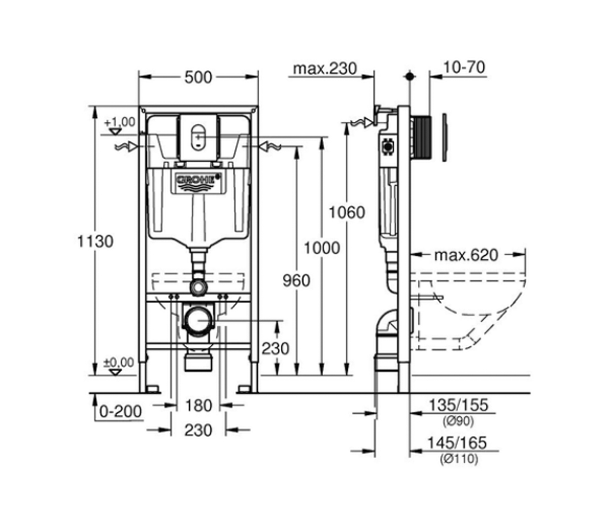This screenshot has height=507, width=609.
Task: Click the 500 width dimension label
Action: [x=198, y=78]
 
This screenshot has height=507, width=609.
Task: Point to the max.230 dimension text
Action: [x=325, y=69]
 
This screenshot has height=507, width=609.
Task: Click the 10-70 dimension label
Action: [x=464, y=67]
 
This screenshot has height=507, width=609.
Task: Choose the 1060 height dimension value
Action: [x=347, y=212]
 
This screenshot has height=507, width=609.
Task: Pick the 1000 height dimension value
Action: [x=322, y=248]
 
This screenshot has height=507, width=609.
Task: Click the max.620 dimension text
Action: [x=466, y=255]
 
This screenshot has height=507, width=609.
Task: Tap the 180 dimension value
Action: [x=198, y=406]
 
